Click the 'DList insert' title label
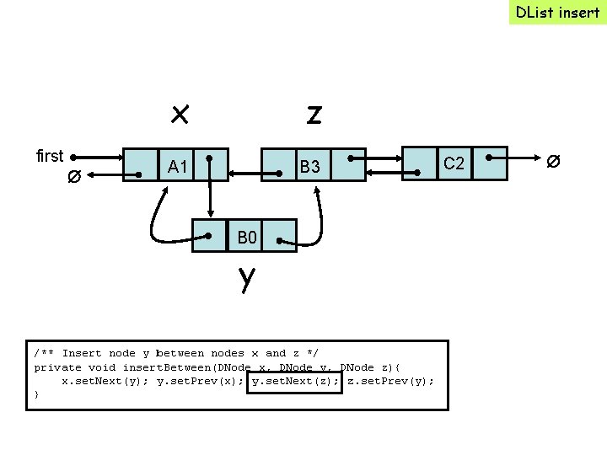click(557, 12)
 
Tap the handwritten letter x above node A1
click(179, 112)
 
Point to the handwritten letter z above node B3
click(314, 114)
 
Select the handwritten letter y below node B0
click(245, 277)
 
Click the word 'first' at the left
click(50, 156)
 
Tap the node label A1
click(177, 166)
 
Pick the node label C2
click(454, 163)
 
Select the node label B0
click(246, 238)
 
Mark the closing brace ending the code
click(36, 394)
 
